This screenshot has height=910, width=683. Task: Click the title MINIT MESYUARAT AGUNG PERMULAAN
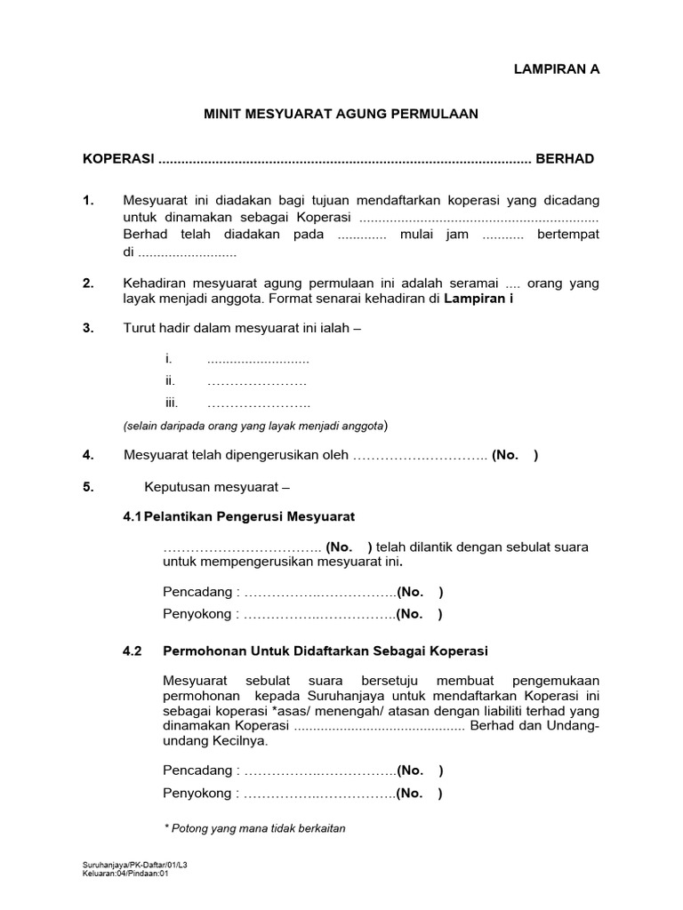click(341, 114)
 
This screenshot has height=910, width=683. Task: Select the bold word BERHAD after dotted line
click(565, 159)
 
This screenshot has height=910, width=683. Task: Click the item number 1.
click(88, 201)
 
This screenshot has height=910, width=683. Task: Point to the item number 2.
click(88, 283)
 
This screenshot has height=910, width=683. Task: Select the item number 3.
click(88, 328)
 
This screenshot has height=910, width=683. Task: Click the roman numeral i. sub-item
click(168, 359)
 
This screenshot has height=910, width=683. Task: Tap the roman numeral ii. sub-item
click(170, 380)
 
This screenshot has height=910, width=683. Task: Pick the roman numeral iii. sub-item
click(172, 403)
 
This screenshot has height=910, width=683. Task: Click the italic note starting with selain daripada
click(255, 426)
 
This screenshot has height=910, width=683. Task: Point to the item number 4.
click(88, 455)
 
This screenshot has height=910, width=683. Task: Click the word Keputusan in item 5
click(175, 487)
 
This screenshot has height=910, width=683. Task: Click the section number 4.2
click(133, 651)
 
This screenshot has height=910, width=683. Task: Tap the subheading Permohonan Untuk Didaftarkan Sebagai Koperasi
click(325, 651)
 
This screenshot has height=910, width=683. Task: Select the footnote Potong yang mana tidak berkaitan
click(255, 828)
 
